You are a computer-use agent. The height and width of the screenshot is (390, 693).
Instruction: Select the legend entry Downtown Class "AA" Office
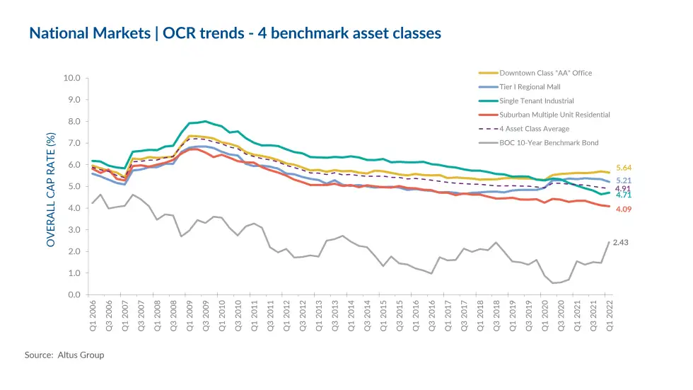coord(545,73)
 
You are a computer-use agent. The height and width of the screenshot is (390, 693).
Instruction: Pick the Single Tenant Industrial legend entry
coord(536,101)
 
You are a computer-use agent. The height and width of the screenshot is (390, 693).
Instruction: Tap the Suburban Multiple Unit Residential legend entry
coord(554,115)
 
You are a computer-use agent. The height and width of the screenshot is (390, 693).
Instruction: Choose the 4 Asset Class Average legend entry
coord(534,129)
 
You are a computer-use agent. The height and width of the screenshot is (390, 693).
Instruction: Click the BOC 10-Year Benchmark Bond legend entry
coord(549,143)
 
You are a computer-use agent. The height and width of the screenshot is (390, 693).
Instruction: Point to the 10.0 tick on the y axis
coord(71,78)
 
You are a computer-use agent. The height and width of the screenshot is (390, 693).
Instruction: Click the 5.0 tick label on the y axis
coord(74,187)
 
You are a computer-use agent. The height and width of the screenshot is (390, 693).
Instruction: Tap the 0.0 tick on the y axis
coord(74,295)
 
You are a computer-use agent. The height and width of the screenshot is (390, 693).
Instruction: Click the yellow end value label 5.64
coord(623,168)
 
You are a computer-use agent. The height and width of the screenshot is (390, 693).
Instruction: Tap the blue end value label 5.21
coord(623,181)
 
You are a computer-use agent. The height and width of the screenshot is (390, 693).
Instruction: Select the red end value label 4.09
coord(623,210)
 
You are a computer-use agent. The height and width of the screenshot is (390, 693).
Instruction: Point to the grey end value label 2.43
coord(620,243)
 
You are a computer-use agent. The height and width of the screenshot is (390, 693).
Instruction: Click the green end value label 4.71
coord(623,195)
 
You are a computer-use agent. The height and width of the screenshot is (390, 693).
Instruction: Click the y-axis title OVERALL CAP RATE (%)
coord(51,190)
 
